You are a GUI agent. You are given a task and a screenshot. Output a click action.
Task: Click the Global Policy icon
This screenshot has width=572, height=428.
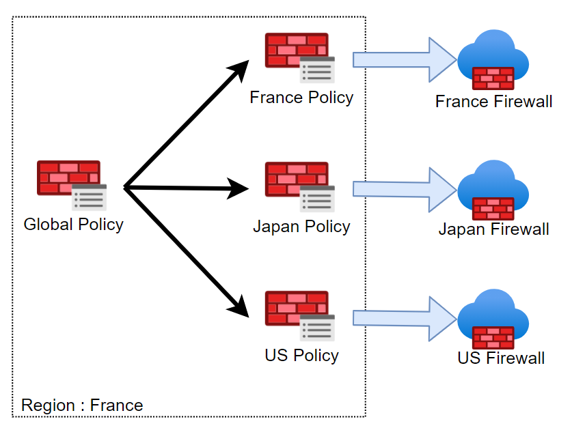(x=72, y=185)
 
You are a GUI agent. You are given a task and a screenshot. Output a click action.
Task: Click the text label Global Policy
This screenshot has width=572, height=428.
(x=73, y=224)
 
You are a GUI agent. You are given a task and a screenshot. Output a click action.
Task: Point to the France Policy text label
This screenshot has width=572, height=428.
(x=301, y=98)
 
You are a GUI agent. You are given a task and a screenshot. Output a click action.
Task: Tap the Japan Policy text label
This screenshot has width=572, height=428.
(x=301, y=227)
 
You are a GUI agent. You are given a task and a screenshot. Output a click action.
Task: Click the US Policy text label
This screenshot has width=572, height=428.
(x=301, y=356)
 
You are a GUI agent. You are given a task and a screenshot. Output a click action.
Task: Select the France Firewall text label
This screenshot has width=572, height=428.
(x=493, y=102)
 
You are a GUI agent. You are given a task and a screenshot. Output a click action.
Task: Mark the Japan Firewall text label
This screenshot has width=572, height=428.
(x=493, y=229)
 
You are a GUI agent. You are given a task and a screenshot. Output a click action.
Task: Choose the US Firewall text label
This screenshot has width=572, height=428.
(x=501, y=358)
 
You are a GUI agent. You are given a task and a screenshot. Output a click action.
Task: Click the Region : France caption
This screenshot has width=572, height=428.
(x=82, y=405)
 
